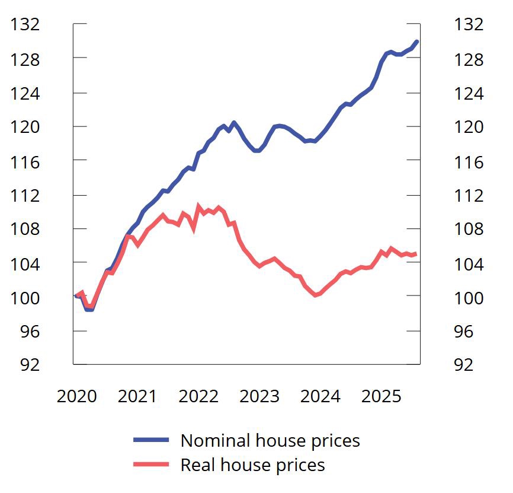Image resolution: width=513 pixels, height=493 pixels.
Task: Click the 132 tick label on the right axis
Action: [x=469, y=24]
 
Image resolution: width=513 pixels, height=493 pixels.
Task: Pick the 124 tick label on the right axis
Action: [x=469, y=93]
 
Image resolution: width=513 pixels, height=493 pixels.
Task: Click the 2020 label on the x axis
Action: [x=76, y=396]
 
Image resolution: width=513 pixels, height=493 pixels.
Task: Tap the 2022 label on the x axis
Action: [x=198, y=396]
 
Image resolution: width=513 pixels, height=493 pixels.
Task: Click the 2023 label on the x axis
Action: [x=259, y=396]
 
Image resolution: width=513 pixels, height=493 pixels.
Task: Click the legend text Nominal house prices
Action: [x=270, y=440]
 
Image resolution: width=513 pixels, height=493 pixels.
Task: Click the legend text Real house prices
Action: [x=252, y=465]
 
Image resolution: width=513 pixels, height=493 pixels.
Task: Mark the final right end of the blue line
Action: [x=417, y=42]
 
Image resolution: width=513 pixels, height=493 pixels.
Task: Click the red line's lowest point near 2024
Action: [x=316, y=294]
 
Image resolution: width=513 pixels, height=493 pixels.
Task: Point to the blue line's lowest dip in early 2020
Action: [x=89, y=309]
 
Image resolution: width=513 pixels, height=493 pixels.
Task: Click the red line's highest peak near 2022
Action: [x=198, y=206]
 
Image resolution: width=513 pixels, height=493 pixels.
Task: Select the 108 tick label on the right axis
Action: [x=469, y=229]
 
